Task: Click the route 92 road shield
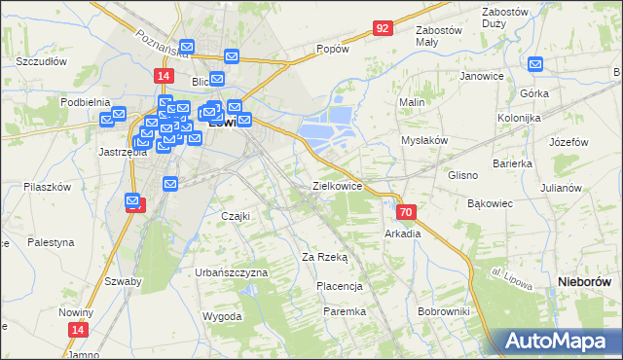click(382, 28)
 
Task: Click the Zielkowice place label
click(337, 185)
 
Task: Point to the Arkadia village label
click(403, 234)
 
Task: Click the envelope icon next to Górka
click(536, 65)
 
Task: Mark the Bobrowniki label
click(443, 311)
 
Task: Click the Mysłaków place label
click(424, 140)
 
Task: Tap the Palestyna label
click(51, 241)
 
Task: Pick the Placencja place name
click(340, 286)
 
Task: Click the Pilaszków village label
click(48, 186)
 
